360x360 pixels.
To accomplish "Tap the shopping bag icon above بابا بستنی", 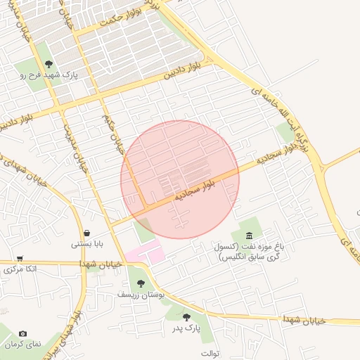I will tap(86, 233).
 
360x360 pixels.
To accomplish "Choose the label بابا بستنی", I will tap(87, 245).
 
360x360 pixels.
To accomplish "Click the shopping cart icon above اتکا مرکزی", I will tap(20, 257).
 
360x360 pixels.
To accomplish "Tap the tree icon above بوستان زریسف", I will tap(141, 283).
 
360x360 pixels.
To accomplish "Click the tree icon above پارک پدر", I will tap(186, 317).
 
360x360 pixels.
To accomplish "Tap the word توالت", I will tap(210, 352).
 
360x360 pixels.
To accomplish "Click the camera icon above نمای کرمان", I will tap(23, 333).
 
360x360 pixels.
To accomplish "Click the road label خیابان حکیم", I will tap(113, 134).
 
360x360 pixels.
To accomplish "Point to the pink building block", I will tap(145, 252).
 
